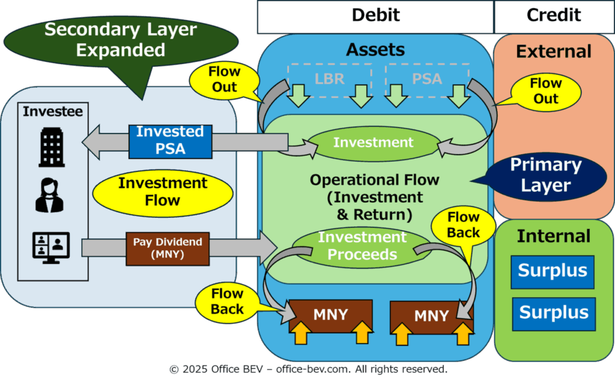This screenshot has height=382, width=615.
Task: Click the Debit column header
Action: (x=375, y=17)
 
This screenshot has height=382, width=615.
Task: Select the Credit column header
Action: (x=554, y=17)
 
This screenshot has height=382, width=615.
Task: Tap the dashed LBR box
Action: (x=330, y=80)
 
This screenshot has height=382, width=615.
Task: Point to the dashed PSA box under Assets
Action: (x=427, y=80)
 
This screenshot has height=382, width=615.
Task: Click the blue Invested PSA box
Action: (x=170, y=141)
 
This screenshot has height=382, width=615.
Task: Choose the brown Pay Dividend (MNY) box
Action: (x=168, y=249)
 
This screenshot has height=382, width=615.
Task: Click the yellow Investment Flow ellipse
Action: (x=163, y=193)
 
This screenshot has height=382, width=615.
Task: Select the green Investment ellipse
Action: (x=374, y=143)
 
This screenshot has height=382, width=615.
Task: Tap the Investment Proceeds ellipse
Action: (x=362, y=247)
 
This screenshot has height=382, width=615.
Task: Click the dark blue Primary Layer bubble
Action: (x=545, y=176)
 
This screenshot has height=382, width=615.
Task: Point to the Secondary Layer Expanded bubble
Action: (x=121, y=42)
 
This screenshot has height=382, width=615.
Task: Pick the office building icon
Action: (x=52, y=147)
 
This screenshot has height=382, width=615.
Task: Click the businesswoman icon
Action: (x=49, y=196)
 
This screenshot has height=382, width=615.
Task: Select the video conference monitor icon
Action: (x=51, y=248)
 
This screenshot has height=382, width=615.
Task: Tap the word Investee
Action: (x=53, y=112)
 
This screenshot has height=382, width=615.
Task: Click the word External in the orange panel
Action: (x=553, y=52)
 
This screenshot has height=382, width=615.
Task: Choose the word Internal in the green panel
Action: (x=553, y=236)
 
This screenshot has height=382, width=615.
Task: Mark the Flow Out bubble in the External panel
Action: (x=545, y=91)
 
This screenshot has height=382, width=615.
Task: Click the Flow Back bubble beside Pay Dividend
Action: (x=228, y=302)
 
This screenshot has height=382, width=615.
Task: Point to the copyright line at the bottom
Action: (x=308, y=369)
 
